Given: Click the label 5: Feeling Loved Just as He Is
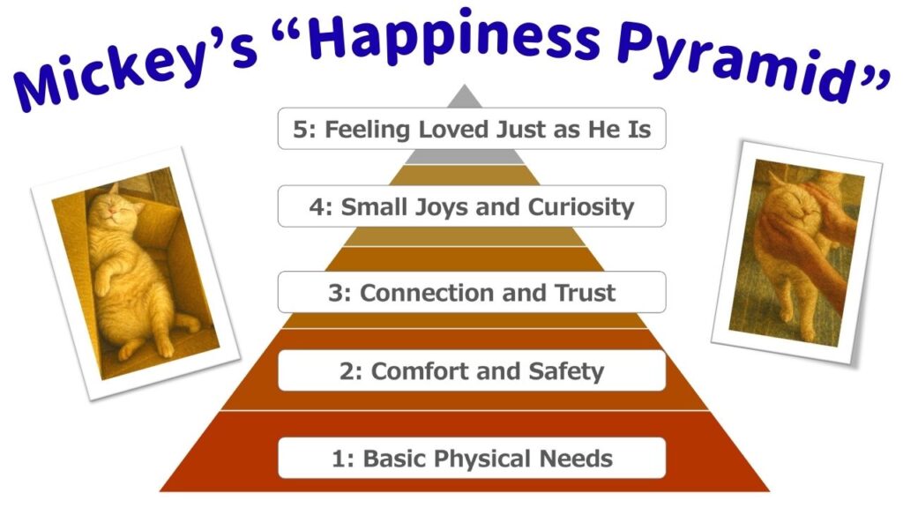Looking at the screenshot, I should pyautogui.click(x=471, y=129).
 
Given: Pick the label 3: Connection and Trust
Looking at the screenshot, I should pyautogui.click(x=471, y=292).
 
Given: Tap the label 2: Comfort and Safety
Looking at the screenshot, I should pyautogui.click(x=471, y=370).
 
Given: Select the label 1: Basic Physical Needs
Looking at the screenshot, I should pyautogui.click(x=471, y=458).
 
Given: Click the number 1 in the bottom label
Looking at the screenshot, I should pyautogui.click(x=338, y=458).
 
